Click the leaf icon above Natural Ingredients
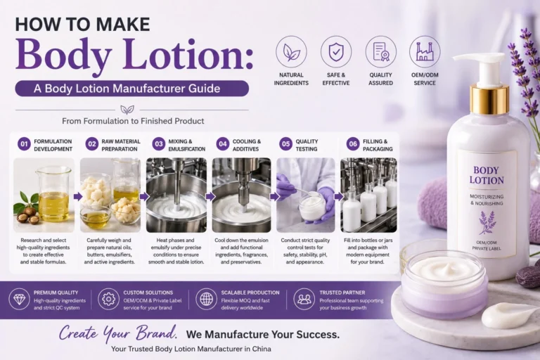point(291,51)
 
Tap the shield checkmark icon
point(336,51)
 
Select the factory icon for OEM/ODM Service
point(425,51)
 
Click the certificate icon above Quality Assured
point(380,51)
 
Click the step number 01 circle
point(24,144)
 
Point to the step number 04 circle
point(223,144)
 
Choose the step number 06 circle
point(353,144)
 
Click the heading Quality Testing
point(307,145)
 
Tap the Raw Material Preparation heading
point(120,145)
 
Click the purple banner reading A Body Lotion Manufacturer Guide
point(132,89)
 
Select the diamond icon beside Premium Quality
point(19,300)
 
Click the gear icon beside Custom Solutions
point(108,300)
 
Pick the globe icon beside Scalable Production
point(206,300)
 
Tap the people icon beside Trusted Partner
point(304,300)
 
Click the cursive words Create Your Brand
point(118,333)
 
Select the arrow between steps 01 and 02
point(78,197)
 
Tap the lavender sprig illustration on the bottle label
point(487,223)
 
